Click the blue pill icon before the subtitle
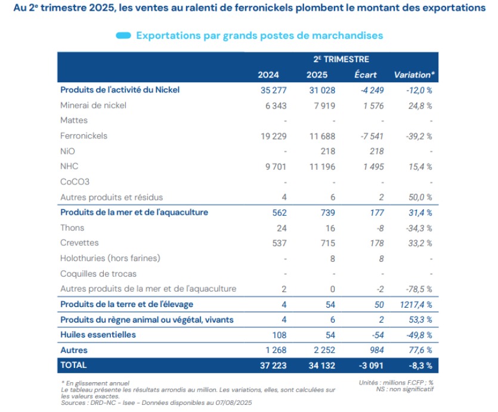pyautogui.click(x=123, y=36)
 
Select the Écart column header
pyautogui.click(x=365, y=75)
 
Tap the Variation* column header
pyautogui.click(x=414, y=75)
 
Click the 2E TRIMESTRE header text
pyautogui.click(x=341, y=59)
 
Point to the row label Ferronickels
pyautogui.click(x=84, y=136)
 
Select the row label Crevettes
pyautogui.click(x=79, y=243)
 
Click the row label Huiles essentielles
pyautogui.click(x=98, y=334)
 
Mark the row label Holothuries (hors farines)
pyautogui.click(x=110, y=258)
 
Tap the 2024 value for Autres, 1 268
pyautogui.click(x=274, y=350)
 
